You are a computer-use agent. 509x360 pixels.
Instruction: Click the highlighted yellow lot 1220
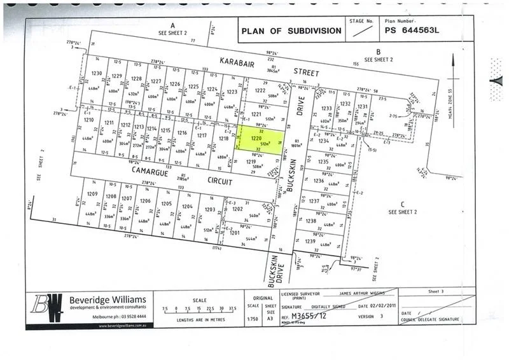258,141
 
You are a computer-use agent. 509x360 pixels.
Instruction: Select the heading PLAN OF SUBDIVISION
289,30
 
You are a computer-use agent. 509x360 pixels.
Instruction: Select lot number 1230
96,74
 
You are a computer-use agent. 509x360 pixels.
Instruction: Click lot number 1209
92,194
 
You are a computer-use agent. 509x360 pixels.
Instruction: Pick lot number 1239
310,242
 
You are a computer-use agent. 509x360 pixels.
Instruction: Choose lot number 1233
327,109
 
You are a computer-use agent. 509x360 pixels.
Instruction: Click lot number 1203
209,209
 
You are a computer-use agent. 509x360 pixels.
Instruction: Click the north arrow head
452,59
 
